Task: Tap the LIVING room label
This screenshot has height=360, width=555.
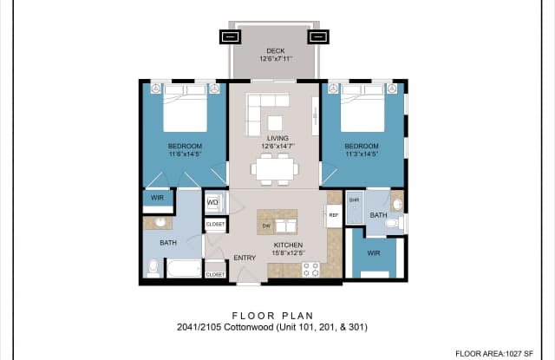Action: [277, 138]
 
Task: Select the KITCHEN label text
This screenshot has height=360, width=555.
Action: [287, 245]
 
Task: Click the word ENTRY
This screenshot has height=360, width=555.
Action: [245, 258]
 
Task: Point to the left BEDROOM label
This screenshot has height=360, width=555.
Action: [185, 146]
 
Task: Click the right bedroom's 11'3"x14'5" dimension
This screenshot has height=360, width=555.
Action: [362, 155]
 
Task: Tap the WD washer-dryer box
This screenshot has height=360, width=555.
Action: [213, 204]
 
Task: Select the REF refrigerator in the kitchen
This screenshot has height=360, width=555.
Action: [333, 217]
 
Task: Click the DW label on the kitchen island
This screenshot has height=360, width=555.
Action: [267, 226]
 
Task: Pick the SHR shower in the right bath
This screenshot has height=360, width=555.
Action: [354, 200]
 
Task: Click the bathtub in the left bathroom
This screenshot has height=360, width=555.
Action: [184, 270]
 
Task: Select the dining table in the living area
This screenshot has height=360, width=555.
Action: [275, 168]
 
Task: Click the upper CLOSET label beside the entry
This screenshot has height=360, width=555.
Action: [215, 225]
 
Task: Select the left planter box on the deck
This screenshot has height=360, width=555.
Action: [230, 37]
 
